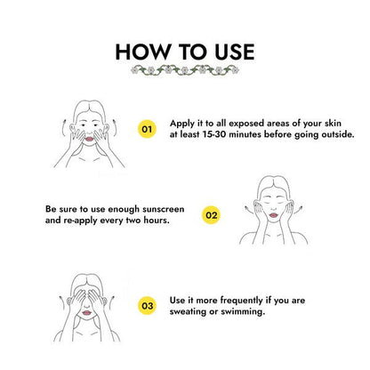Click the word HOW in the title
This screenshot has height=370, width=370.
(x=142, y=52)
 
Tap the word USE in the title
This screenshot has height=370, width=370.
(x=235, y=52)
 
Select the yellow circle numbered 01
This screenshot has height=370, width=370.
(x=147, y=129)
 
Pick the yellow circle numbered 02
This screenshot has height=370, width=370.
(x=211, y=215)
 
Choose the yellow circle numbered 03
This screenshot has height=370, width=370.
(x=147, y=305)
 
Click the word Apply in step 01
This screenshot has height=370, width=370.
(x=182, y=124)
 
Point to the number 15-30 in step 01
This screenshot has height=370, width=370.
(x=214, y=134)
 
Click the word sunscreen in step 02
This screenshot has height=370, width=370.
(x=164, y=209)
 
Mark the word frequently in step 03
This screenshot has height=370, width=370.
(x=242, y=301)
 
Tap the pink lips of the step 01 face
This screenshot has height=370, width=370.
(x=89, y=139)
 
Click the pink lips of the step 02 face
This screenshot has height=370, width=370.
(x=273, y=214)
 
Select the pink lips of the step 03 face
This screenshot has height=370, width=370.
(x=86, y=312)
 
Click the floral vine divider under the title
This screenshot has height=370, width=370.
(x=185, y=70)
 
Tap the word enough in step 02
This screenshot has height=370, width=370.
(x=124, y=210)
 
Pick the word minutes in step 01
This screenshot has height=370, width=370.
(x=245, y=134)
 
